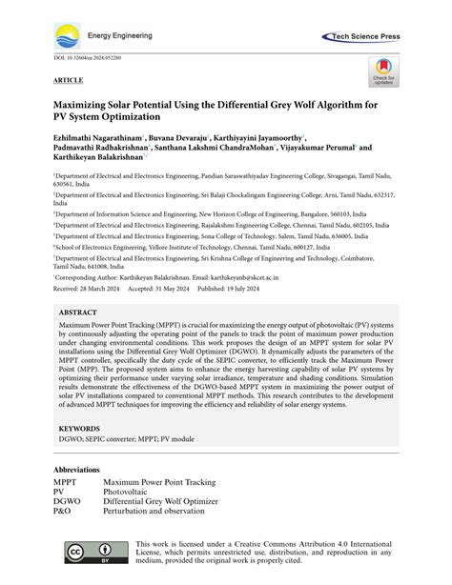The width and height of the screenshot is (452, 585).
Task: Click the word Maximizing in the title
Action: click(91, 103)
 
